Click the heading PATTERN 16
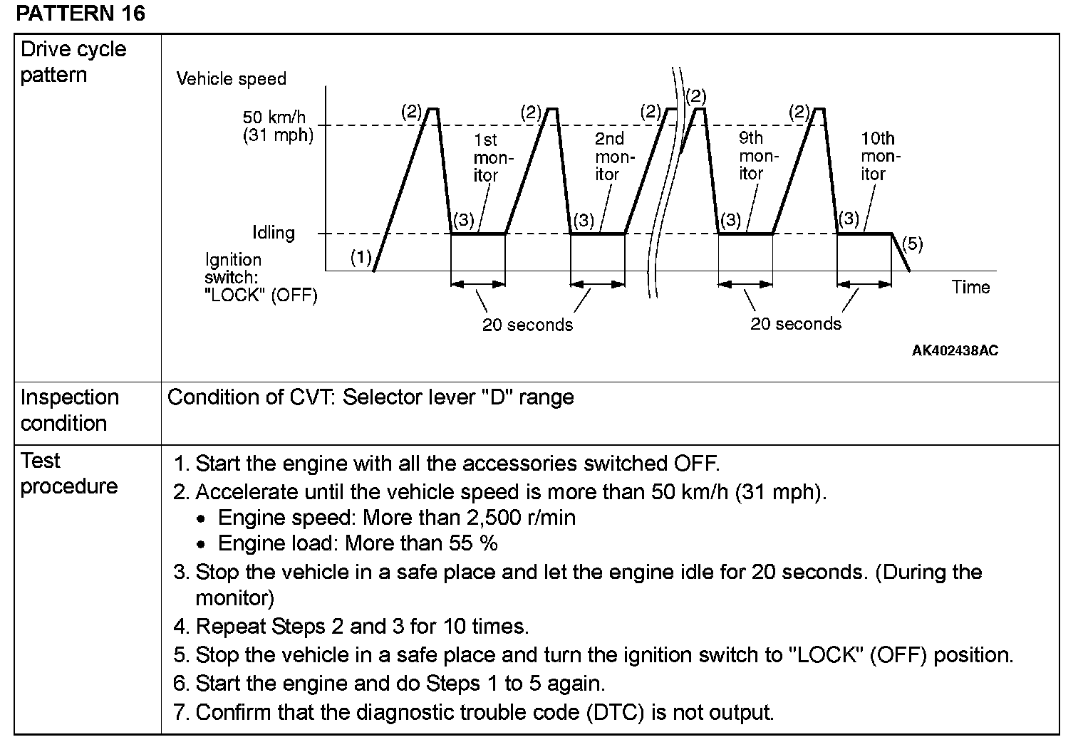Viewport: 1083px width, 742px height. pyautogui.click(x=80, y=14)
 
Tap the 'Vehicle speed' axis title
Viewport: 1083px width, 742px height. pyautogui.click(x=231, y=79)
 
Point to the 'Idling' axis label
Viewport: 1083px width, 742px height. pyautogui.click(x=273, y=233)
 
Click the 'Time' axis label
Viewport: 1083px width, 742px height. pyautogui.click(x=970, y=287)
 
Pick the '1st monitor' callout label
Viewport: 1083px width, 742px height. pyautogui.click(x=486, y=157)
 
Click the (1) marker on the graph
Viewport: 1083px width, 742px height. pyautogui.click(x=361, y=257)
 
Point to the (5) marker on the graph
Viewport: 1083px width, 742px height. pyautogui.click(x=912, y=244)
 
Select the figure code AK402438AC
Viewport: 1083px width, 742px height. pyautogui.click(x=955, y=350)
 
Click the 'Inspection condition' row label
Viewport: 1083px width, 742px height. pyautogui.click(x=69, y=410)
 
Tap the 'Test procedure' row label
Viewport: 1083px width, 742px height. pyautogui.click(x=68, y=474)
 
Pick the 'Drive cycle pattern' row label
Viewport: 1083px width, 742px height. pyautogui.click(x=73, y=62)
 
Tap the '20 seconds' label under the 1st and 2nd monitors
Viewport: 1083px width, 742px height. pyautogui.click(x=527, y=325)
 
